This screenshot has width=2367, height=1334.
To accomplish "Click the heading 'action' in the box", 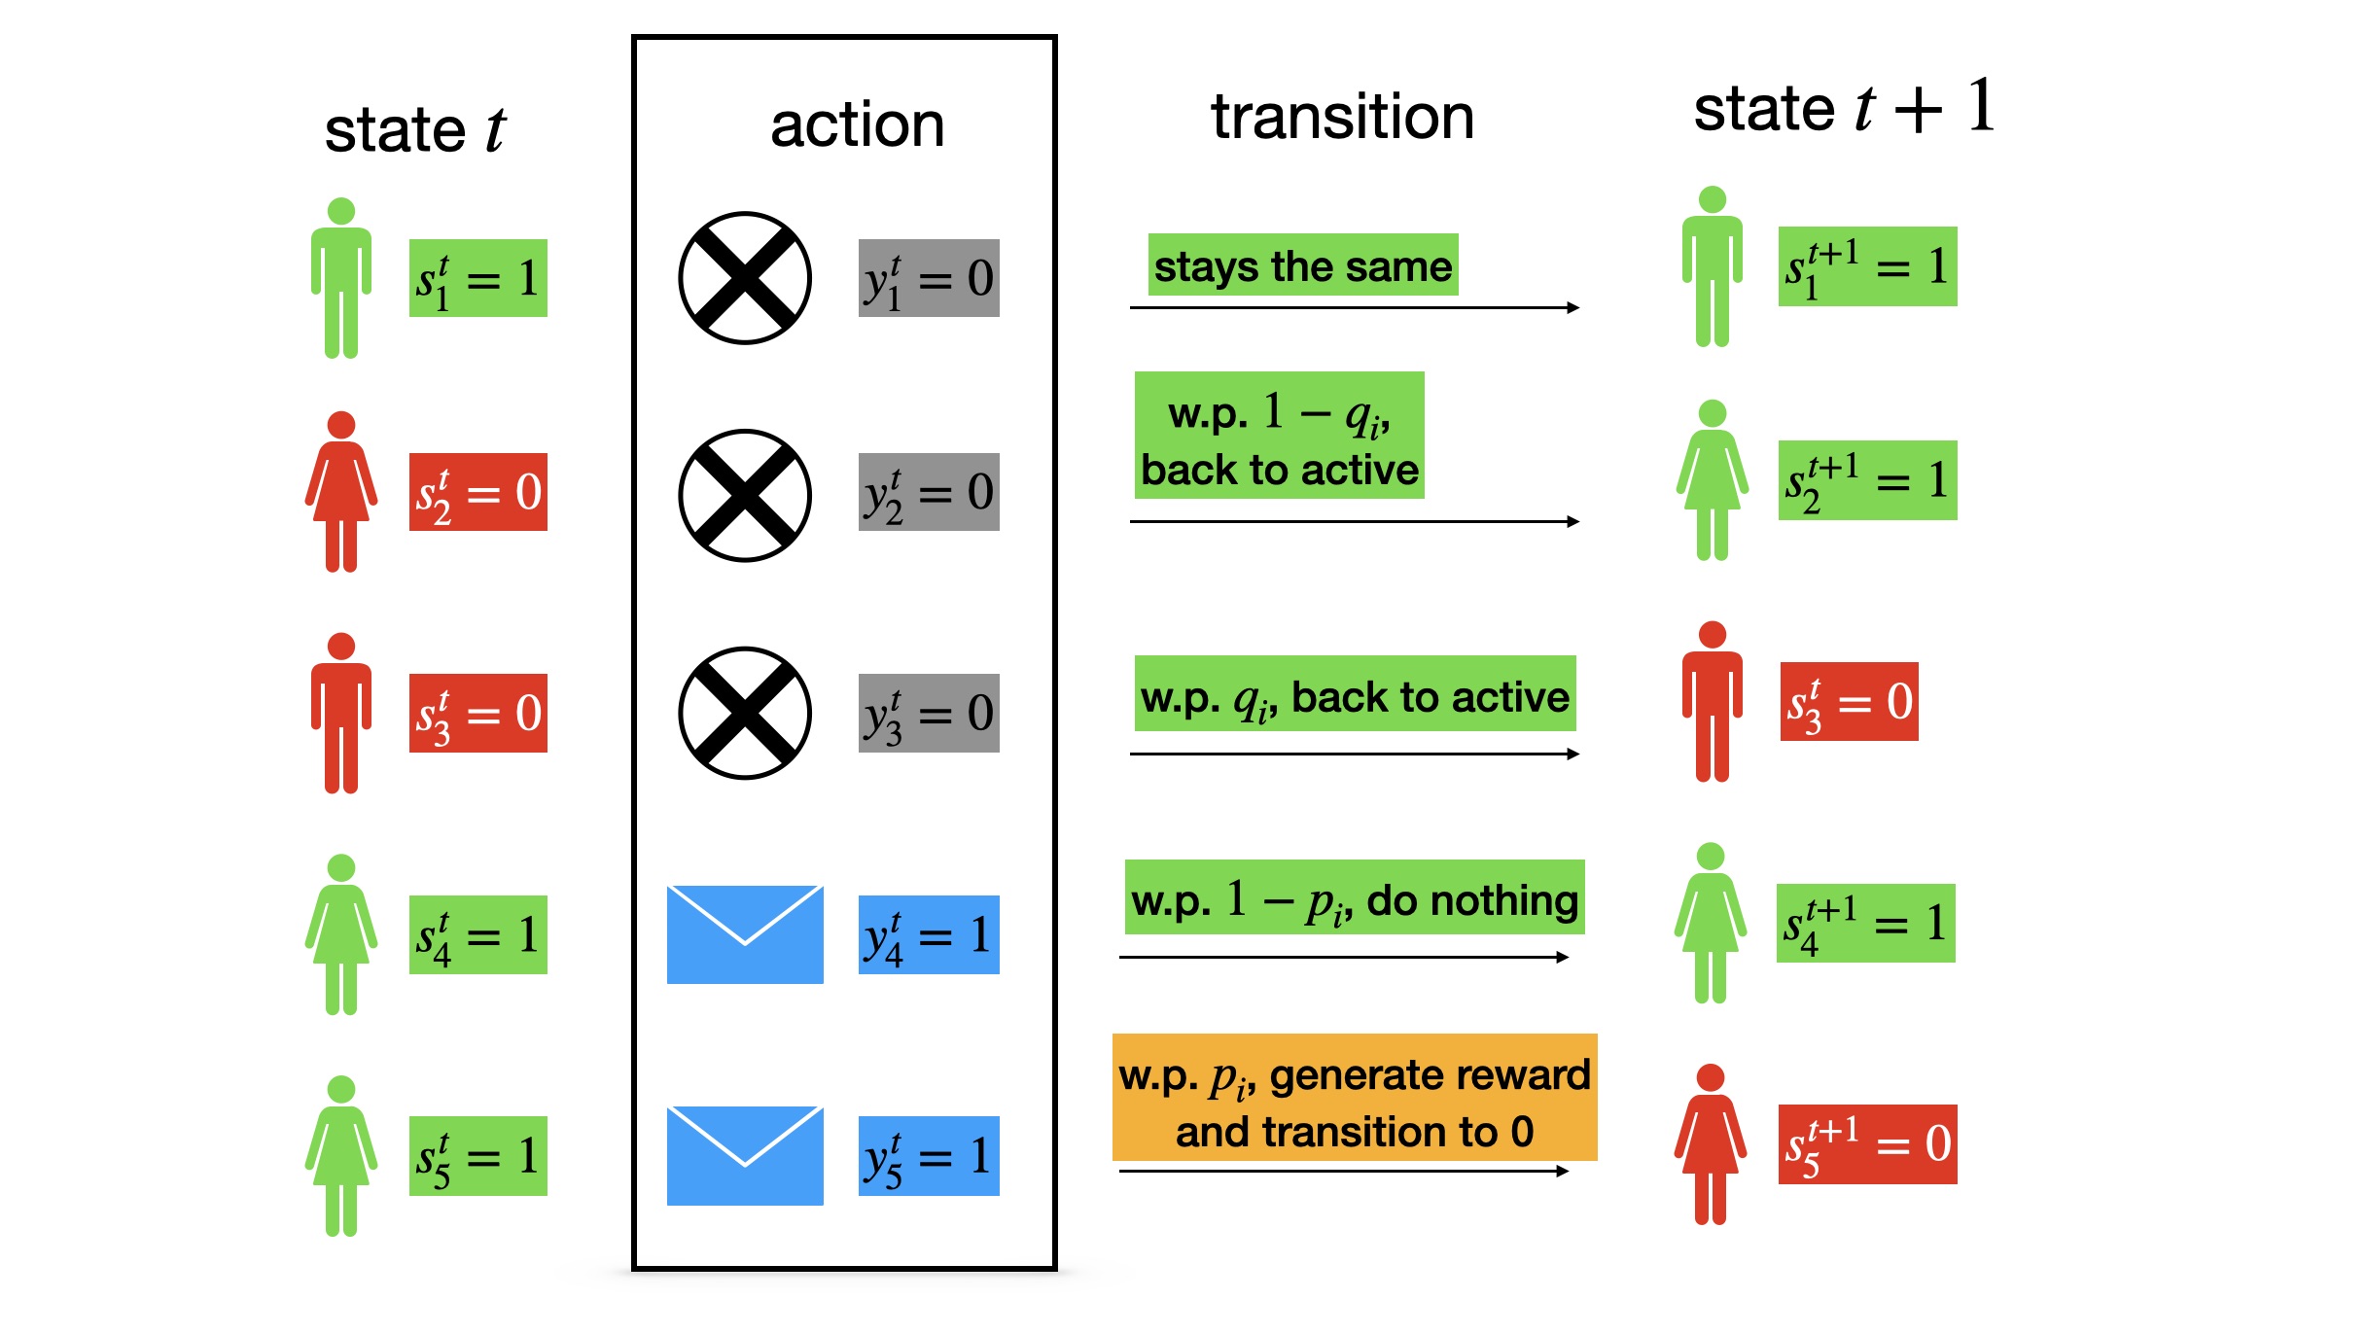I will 857,125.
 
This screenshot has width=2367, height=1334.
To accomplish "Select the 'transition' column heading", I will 1342,117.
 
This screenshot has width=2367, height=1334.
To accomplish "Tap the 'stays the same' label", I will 1302,265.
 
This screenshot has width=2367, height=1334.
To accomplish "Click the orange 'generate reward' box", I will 1354,1098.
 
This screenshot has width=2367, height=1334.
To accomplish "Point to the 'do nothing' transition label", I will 1354,898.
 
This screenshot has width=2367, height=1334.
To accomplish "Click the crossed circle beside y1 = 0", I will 745,278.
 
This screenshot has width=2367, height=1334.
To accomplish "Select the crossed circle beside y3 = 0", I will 745,713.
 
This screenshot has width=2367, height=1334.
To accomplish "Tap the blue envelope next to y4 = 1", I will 745,934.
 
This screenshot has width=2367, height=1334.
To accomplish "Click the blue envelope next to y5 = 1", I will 745,1155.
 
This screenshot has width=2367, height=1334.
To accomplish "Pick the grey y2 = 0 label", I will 929,492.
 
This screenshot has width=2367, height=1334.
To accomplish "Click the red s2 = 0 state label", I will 477,492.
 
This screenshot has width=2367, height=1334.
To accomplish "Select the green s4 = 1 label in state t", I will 477,934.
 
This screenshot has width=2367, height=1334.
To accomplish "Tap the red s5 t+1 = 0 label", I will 1867,1144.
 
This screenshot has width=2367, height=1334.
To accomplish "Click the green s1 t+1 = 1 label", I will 1867,266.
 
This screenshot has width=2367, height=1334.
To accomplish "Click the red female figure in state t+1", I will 1711,1144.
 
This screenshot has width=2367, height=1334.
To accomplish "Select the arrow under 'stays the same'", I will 1354,308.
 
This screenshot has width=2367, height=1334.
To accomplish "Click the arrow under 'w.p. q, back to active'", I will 1354,754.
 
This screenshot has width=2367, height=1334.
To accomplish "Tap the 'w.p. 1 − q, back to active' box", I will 1279,436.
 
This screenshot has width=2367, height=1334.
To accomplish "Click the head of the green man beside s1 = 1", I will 341,211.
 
